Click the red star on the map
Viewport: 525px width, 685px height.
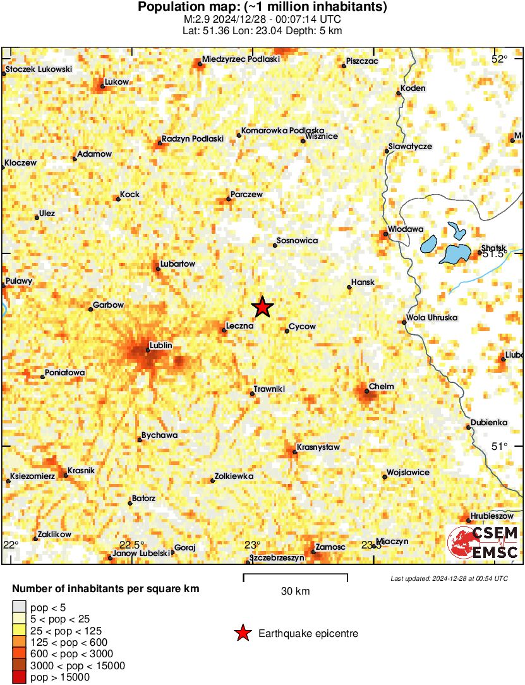262,306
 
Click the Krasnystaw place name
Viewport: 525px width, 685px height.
320,447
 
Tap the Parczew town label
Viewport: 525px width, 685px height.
246,195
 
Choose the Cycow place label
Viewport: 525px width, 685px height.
302,327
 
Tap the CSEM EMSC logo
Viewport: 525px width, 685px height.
483,542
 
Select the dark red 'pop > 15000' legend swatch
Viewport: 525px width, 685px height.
20,677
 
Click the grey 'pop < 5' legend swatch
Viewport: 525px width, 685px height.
20,608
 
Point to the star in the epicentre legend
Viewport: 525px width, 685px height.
242,633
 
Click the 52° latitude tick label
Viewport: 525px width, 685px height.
499,59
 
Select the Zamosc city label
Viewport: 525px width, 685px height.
330,546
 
